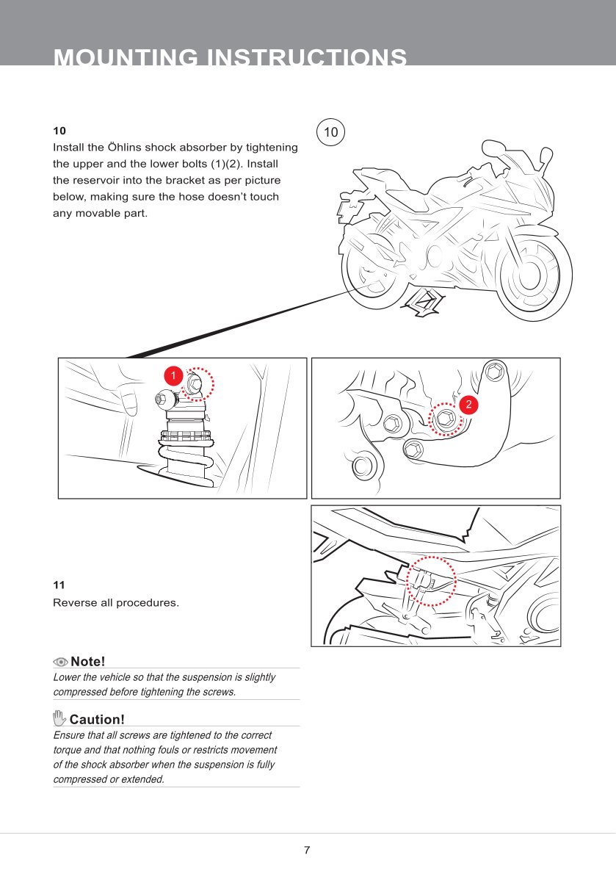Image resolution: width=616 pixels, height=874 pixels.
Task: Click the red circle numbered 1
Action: pos(173,375)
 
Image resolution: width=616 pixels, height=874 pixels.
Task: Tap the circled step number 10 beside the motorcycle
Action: pos(331,132)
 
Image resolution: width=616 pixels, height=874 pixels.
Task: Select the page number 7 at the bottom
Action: pos(307,850)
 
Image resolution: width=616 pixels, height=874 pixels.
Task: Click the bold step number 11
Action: pos(59,585)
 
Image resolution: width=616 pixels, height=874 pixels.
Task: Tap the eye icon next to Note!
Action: pos(60,661)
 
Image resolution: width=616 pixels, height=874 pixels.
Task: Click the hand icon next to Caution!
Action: pos(59,718)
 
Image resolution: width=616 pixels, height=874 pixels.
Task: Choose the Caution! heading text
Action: pos(97,719)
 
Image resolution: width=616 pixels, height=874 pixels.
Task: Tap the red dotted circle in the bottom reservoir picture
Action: pos(431,580)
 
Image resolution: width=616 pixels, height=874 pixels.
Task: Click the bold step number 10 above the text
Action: pos(59,131)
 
